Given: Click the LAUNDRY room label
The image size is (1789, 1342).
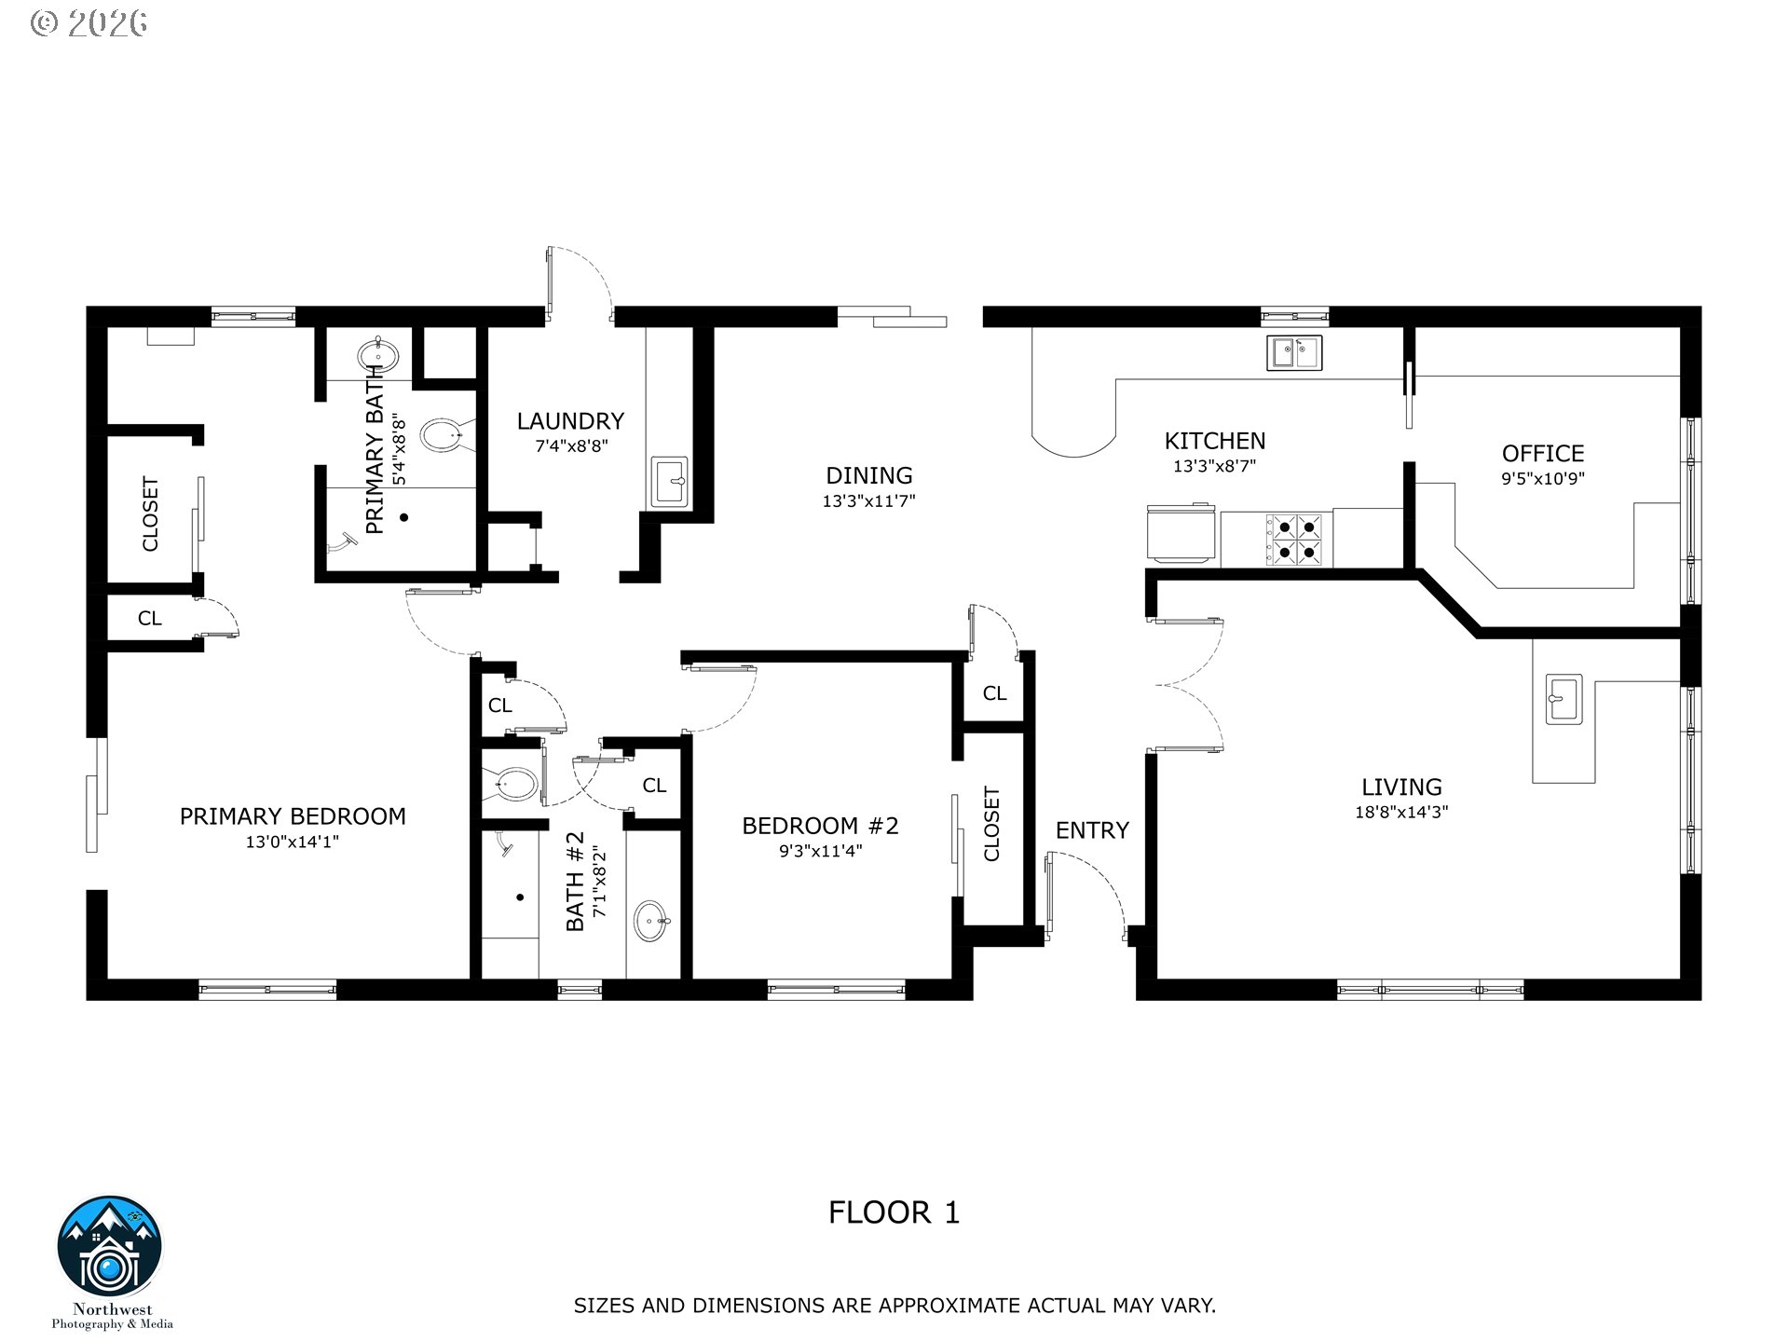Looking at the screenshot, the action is click(570, 421).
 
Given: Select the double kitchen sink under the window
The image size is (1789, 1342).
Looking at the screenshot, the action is click(1294, 353).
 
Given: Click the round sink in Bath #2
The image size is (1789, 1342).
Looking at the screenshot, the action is click(653, 921).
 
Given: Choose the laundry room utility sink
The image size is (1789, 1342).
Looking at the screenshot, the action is click(669, 482).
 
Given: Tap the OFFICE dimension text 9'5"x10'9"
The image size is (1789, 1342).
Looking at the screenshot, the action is click(1543, 479).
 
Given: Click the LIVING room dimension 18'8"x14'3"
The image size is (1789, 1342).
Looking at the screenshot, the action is click(1401, 812).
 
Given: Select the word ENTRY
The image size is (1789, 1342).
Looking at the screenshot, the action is click(1092, 829).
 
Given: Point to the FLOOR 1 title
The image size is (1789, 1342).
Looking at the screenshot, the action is click(894, 1212).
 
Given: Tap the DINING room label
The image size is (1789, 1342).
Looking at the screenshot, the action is click(869, 475).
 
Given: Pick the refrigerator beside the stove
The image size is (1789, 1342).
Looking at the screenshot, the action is click(1181, 533).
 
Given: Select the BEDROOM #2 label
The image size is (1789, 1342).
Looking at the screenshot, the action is click(820, 826).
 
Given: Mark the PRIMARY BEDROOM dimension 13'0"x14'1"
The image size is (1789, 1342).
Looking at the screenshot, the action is click(293, 842).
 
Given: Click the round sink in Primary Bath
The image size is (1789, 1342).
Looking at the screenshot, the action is click(378, 355).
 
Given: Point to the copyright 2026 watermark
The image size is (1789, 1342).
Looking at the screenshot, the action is click(89, 22).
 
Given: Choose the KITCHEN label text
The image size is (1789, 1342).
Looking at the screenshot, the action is click(1215, 441).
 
